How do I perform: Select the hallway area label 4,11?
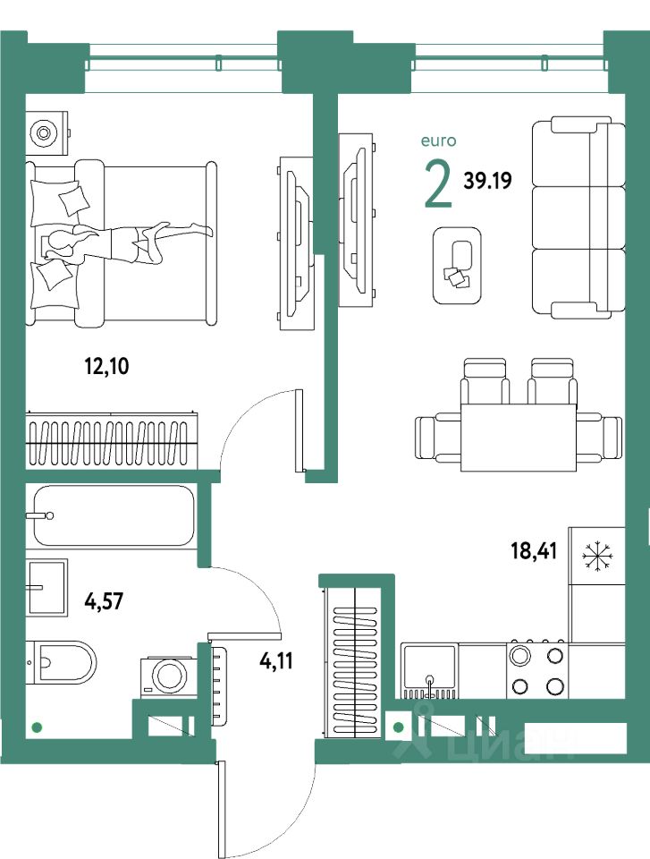pos(274,662)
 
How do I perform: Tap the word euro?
pos(439,140)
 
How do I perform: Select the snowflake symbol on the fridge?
pos(594,556)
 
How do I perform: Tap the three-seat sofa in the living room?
pos(577,217)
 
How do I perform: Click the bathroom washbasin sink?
pos(46,587)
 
